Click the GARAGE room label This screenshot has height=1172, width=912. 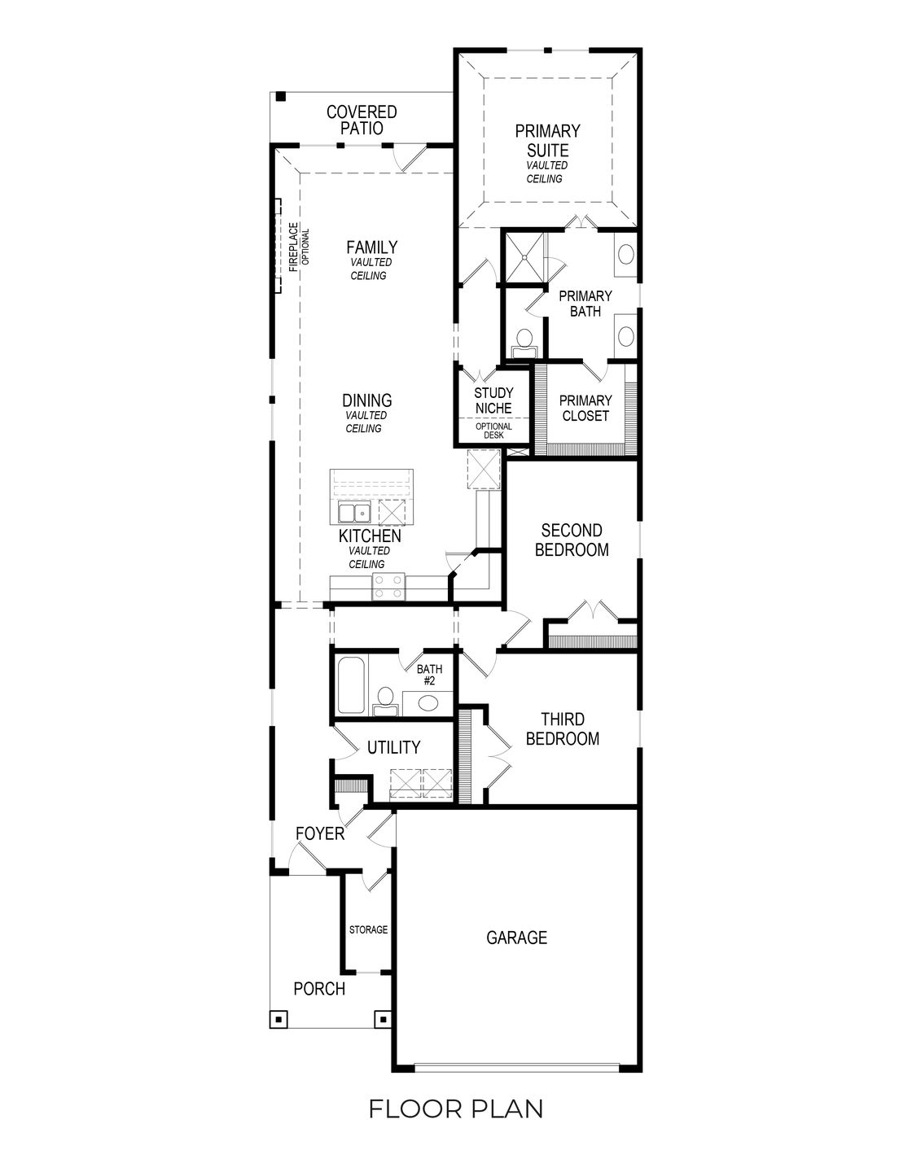(516, 938)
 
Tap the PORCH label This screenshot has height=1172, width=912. (319, 989)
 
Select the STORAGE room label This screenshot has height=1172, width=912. (368, 929)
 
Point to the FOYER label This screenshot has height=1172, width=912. (319, 834)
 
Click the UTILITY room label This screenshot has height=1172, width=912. (393, 747)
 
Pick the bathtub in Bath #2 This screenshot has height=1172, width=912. (350, 686)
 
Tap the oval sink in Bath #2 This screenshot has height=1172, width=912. (428, 702)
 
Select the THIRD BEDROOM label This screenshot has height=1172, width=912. (563, 729)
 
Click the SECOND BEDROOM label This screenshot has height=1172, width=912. (572, 540)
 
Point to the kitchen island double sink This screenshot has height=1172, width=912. (355, 513)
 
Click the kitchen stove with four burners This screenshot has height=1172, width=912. (388, 587)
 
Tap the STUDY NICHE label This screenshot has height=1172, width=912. (493, 400)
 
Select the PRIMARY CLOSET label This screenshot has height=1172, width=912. (585, 408)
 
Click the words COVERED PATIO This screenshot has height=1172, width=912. (362, 120)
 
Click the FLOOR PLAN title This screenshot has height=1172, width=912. (456, 1109)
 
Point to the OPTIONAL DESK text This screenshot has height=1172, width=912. (493, 431)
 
